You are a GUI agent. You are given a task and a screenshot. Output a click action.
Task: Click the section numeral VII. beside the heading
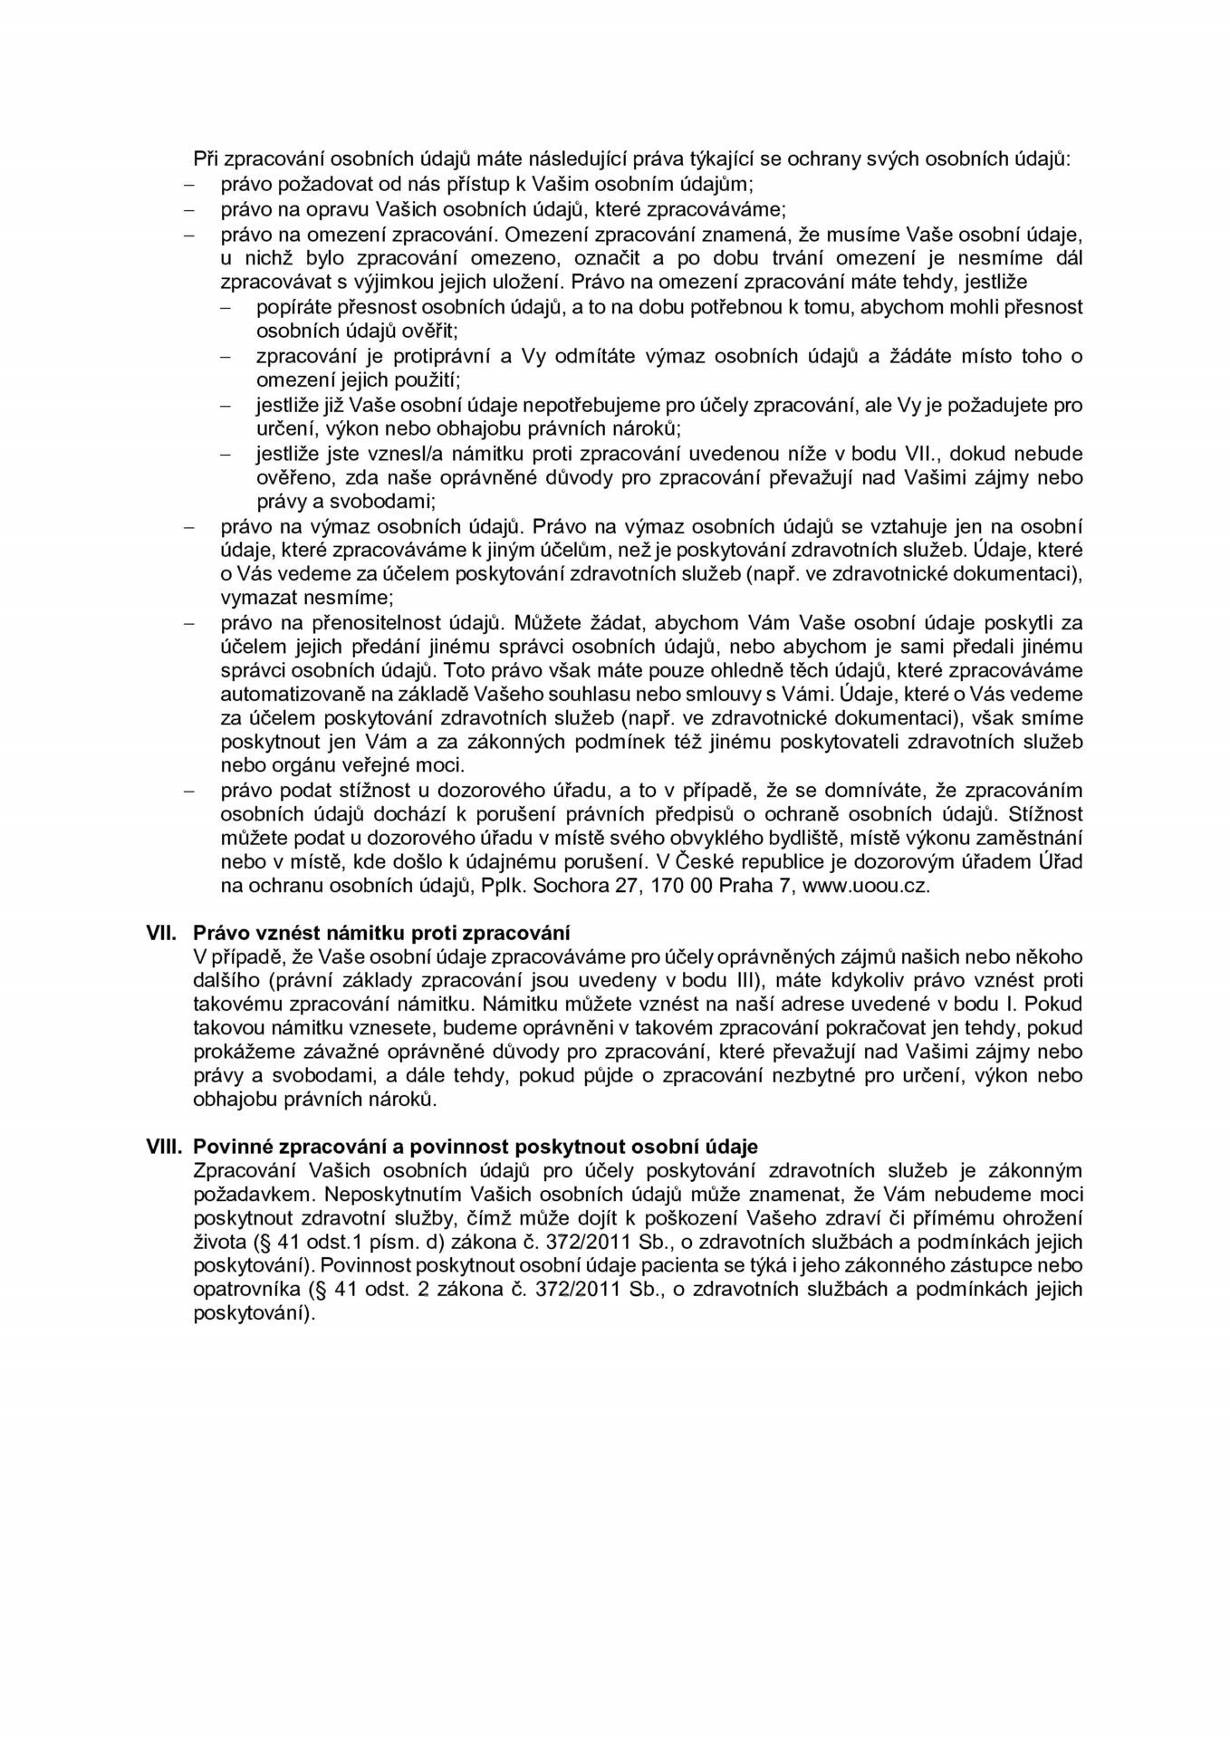tap(163, 932)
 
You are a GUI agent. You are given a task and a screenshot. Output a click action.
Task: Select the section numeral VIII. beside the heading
tap(166, 1147)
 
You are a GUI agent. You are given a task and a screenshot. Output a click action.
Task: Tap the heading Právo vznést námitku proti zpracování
tap(381, 932)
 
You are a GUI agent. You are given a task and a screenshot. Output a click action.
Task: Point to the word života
tap(218, 1243)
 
